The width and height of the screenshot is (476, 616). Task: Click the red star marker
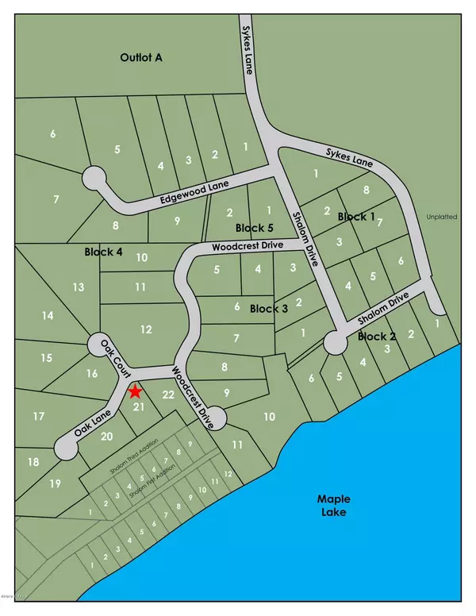(x=135, y=391)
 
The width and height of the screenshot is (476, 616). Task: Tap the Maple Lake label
(x=334, y=507)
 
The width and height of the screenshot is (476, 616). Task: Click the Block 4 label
(x=103, y=252)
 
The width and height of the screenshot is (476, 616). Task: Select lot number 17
(x=38, y=416)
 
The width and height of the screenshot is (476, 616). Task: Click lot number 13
(x=78, y=287)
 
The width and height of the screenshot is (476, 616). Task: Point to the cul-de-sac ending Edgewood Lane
(x=94, y=176)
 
